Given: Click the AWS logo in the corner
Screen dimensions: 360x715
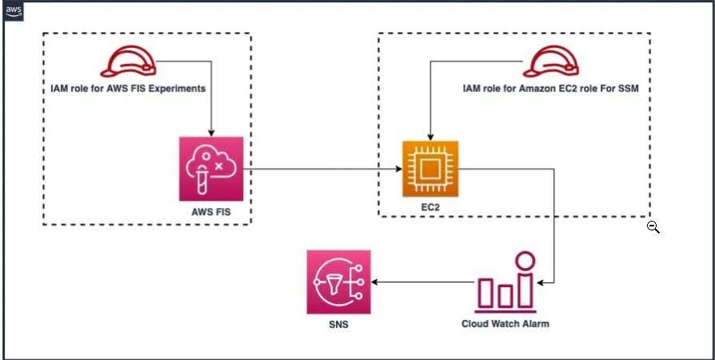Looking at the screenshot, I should tap(14, 11).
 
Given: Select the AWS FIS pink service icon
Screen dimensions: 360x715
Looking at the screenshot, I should tap(211, 168).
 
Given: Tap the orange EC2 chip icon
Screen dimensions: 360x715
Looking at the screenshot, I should tap(431, 169).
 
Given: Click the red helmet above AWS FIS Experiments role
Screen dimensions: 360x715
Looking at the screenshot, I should tap(129, 61).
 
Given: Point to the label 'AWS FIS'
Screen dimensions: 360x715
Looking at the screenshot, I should tap(211, 214).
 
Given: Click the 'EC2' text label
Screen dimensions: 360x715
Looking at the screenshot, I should tap(431, 207).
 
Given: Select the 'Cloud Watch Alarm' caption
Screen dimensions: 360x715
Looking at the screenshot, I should tap(505, 324).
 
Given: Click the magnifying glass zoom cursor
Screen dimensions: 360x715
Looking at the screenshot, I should tap(653, 227).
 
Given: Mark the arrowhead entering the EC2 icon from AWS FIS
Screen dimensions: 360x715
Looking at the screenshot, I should tap(398, 169).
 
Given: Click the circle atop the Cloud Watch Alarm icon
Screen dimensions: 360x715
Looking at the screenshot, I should tap(525, 261).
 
